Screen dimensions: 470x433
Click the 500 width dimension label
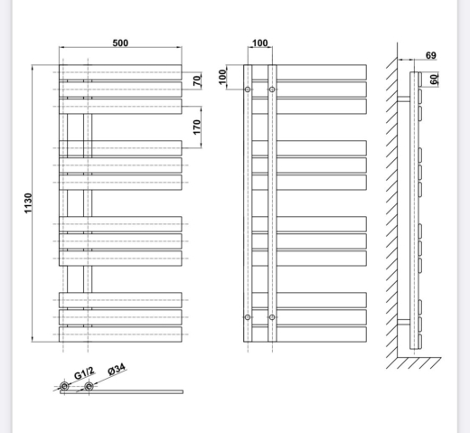120,43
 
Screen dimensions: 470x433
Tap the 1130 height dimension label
28,203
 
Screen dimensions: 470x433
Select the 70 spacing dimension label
197,80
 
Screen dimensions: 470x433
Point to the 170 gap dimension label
197,127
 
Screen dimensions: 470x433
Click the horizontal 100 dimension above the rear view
259,43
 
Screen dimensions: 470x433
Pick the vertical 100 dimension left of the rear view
222,77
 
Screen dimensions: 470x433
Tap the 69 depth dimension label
431,55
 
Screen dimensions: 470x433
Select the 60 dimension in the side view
434,80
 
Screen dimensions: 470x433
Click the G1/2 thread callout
84,373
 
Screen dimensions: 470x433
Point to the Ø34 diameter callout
117,370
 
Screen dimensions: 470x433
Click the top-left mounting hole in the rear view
248,89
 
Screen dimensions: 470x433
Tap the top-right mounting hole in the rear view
272,89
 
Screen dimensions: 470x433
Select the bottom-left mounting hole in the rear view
248,317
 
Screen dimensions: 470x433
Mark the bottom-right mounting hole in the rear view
272,317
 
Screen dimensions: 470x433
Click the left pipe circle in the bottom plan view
64,386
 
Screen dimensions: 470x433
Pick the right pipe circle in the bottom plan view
89,386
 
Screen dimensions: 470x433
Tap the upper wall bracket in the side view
404,99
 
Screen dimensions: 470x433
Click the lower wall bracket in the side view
404,322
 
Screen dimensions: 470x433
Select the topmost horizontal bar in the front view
120,72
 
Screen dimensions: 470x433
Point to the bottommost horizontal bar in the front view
120,334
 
